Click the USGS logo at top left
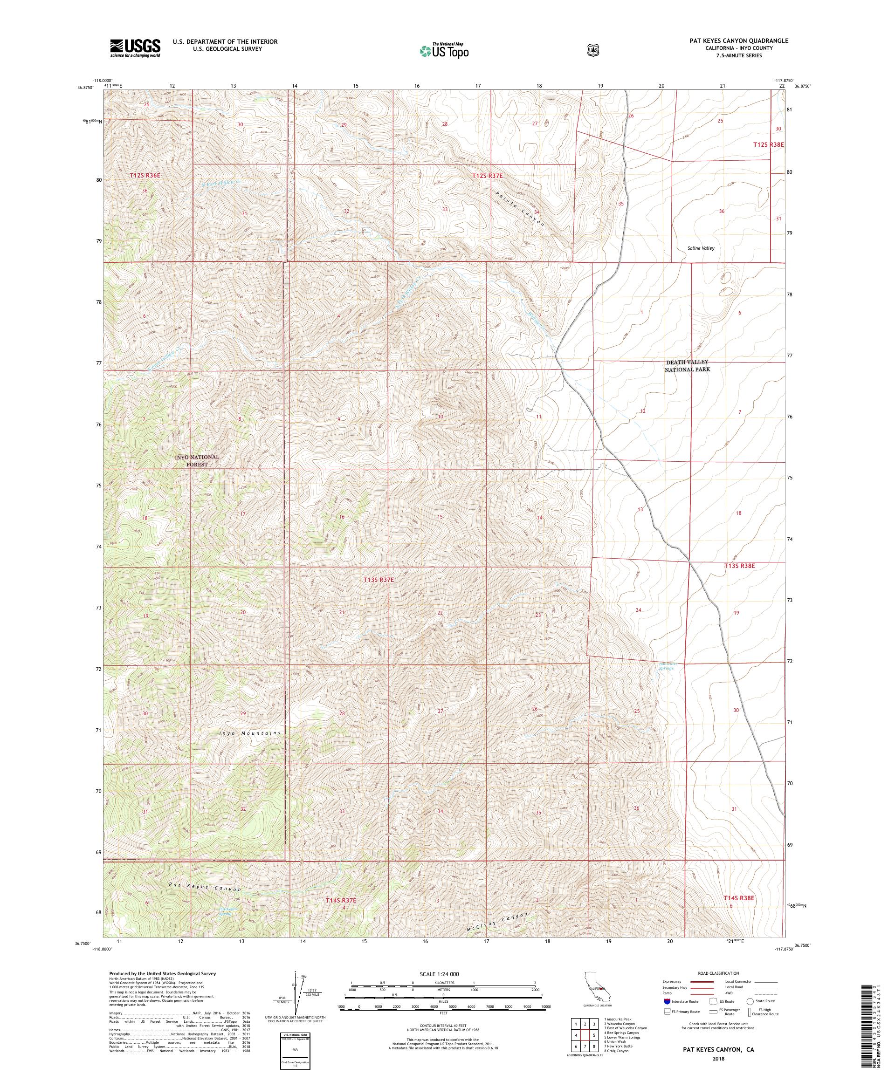[x=134, y=48]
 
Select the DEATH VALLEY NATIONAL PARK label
[x=687, y=365]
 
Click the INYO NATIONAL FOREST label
[x=197, y=460]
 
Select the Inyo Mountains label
[x=250, y=732]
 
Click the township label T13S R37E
[x=379, y=580]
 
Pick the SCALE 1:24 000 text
[x=440, y=974]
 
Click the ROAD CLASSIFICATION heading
[x=718, y=973]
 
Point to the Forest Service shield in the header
[x=593, y=50]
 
